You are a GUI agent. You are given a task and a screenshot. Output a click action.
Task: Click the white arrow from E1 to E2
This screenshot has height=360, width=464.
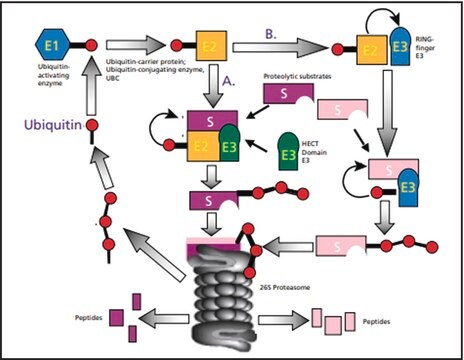coord(136,46)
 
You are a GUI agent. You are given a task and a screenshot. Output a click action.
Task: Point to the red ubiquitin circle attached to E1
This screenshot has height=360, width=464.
coord(90,46)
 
